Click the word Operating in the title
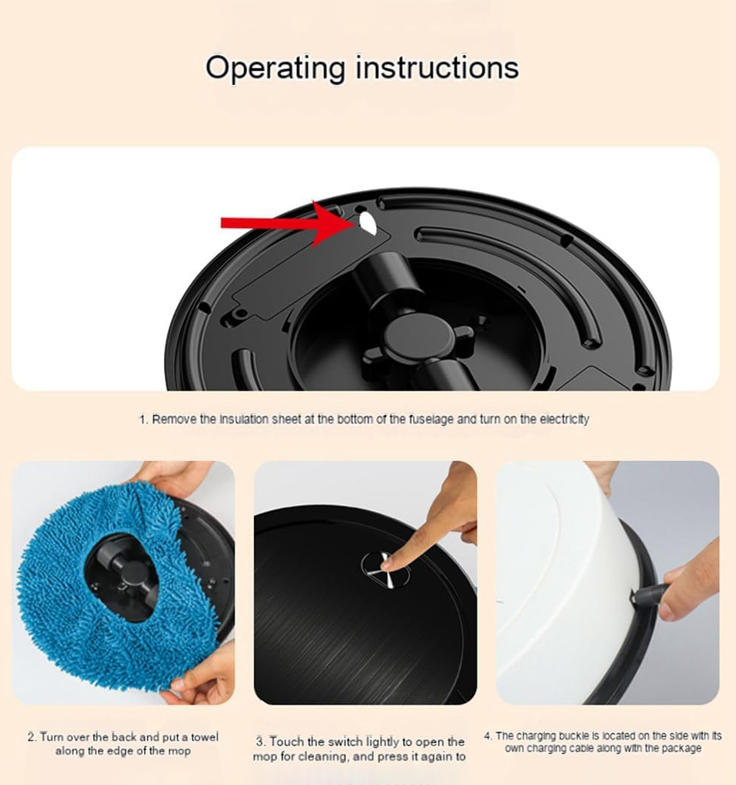click(x=276, y=68)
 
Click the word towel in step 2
click(x=205, y=737)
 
